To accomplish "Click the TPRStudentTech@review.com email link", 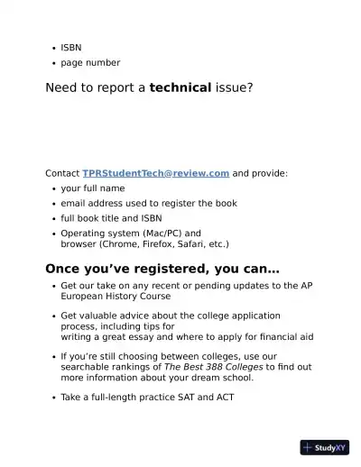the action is click(156, 173).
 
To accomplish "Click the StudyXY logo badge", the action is click(324, 446).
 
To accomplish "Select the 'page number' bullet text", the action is click(90, 62).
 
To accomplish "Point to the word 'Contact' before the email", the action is click(62, 173).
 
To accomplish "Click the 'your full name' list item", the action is click(93, 188).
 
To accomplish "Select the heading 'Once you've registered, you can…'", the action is click(162, 269).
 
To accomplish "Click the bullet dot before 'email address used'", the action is click(54, 204).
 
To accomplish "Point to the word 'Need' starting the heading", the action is click(62, 87).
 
